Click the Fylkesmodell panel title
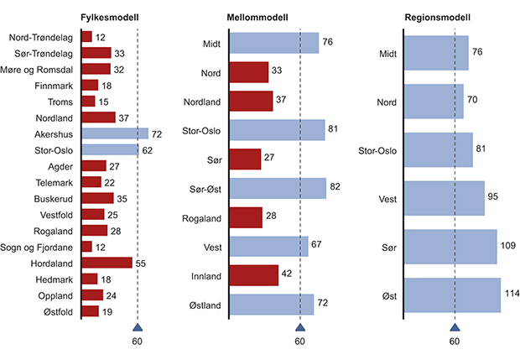pyautogui.click(x=109, y=17)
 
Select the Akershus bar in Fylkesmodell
pyautogui.click(x=115, y=133)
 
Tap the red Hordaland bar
pyautogui.click(x=107, y=263)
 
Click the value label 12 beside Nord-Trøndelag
pyautogui.click(x=100, y=37)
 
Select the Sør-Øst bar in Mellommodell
pyautogui.click(x=278, y=188)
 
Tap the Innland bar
pyautogui.click(x=253, y=275)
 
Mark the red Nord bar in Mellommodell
pyautogui.click(x=248, y=72)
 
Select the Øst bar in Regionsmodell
pyautogui.click(x=453, y=295)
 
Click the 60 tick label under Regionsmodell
pyautogui.click(x=455, y=342)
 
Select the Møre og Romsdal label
pyautogui.click(x=42, y=69)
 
